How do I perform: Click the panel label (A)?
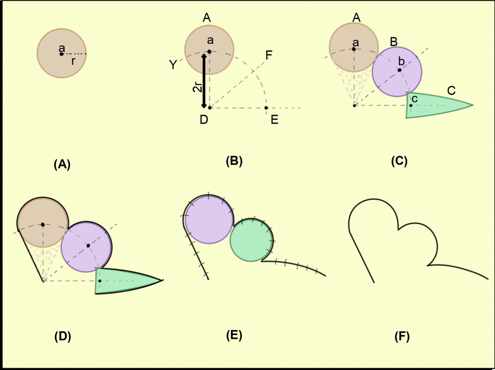[62, 164]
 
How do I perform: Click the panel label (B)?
[234, 161]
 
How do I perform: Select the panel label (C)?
[399, 161]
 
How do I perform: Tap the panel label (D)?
[63, 336]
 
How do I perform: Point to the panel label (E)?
[234, 335]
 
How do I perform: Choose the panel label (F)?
[402, 336]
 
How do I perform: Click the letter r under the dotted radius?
[73, 61]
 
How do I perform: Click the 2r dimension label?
[197, 87]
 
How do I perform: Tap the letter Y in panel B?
[173, 65]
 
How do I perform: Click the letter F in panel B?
[269, 55]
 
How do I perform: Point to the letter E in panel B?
[274, 120]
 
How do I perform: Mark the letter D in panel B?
[204, 119]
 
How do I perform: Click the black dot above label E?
[266, 108]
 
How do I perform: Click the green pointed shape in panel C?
[436, 106]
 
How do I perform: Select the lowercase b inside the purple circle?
[402, 62]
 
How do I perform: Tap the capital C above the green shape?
[451, 91]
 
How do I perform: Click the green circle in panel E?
[251, 240]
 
